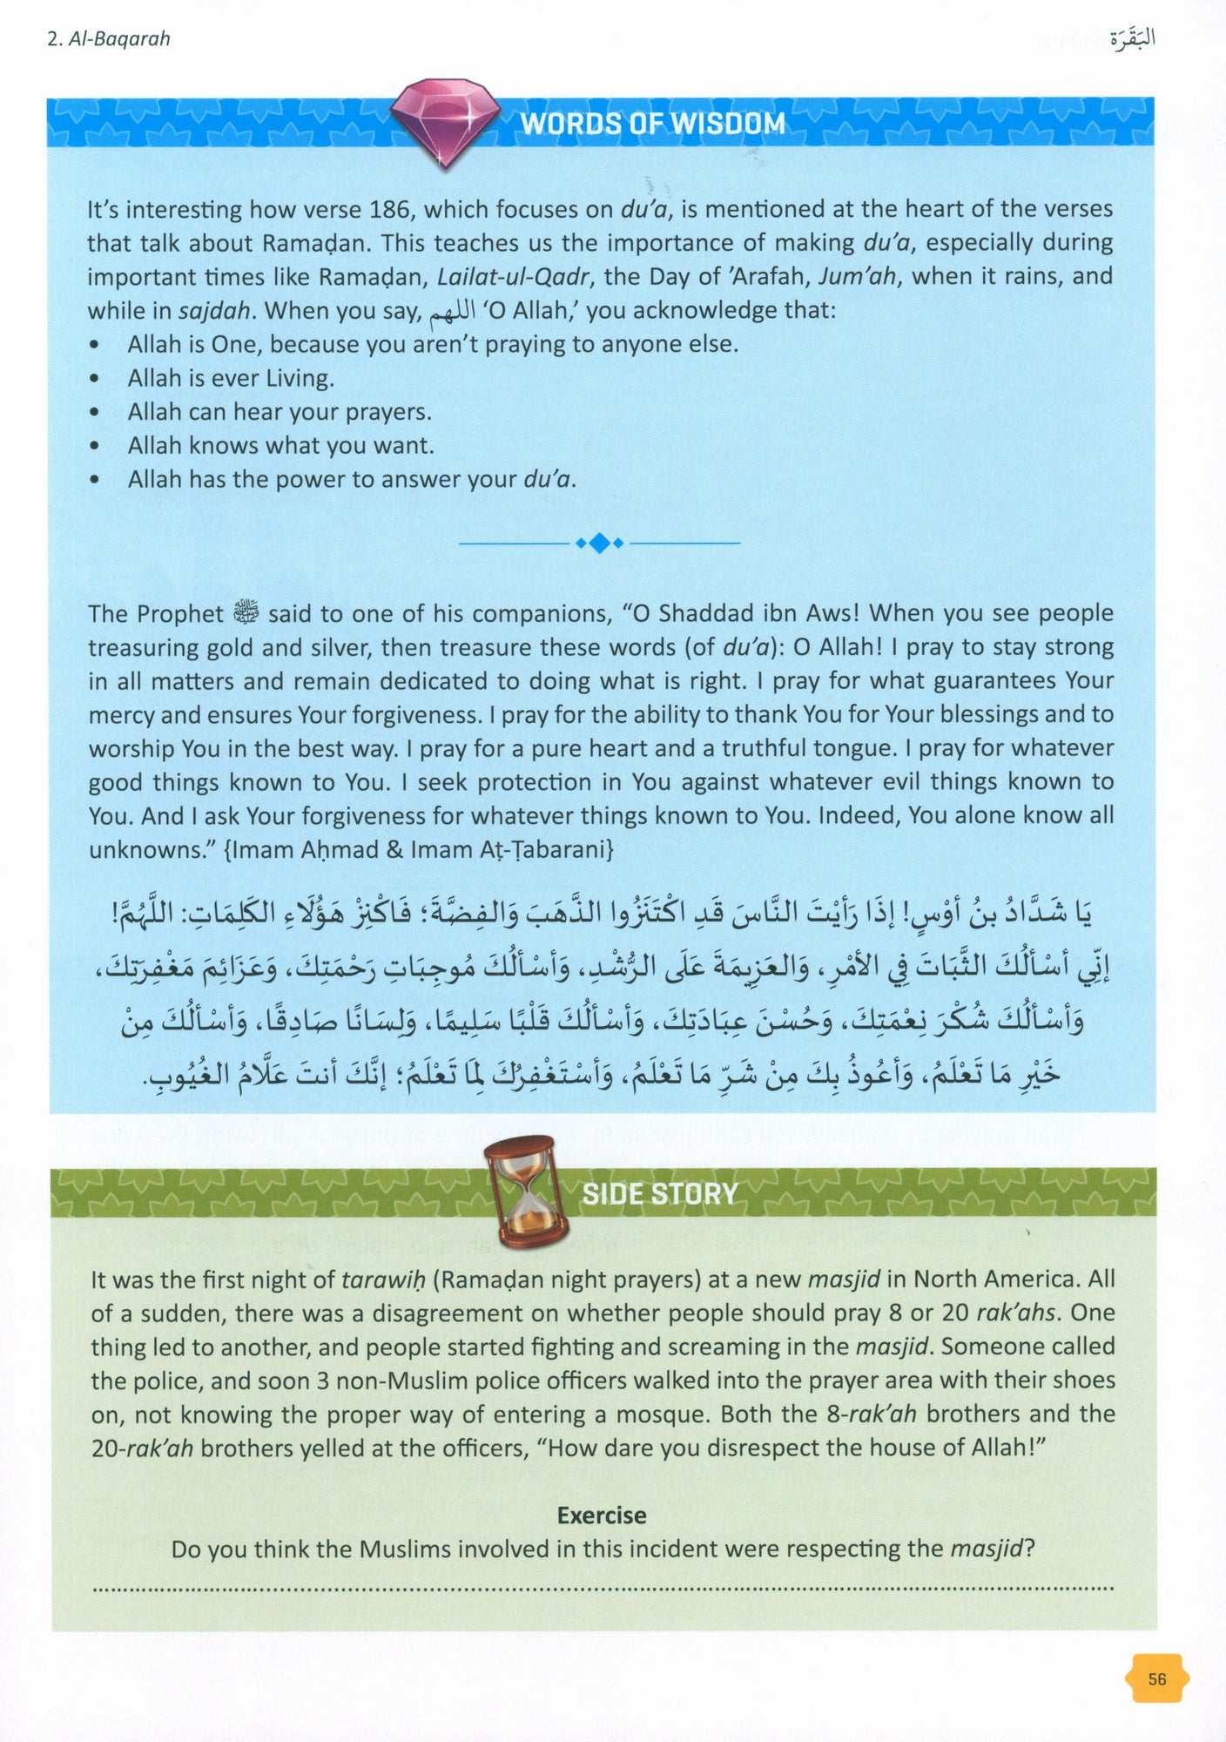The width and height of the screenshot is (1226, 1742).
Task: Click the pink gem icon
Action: point(445,124)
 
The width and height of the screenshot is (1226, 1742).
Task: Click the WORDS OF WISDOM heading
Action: point(653,124)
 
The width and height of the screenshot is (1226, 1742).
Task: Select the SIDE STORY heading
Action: point(659,1193)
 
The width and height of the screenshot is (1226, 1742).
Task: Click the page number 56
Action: point(1156,1678)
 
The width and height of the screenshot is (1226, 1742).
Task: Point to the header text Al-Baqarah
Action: point(108,39)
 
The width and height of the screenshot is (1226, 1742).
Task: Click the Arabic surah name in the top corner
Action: point(1133,39)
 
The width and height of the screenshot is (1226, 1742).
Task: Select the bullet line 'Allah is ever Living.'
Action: point(231,378)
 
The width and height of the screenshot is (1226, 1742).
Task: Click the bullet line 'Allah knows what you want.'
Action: point(280,446)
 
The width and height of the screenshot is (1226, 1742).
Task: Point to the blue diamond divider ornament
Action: point(599,544)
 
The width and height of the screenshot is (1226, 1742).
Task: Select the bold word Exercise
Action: point(602,1516)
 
